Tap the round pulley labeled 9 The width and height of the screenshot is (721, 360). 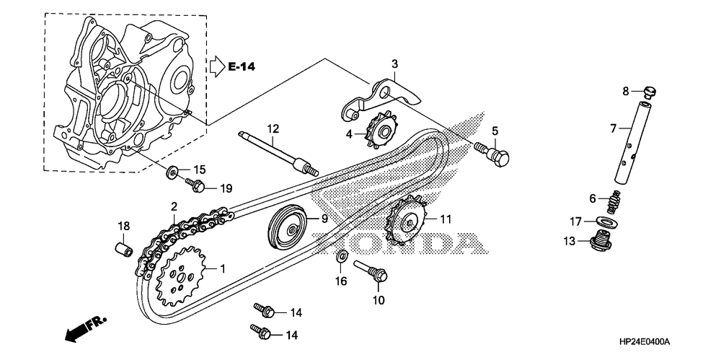(288, 227)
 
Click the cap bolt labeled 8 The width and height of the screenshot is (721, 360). (650, 92)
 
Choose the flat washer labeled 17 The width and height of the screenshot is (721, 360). (601, 221)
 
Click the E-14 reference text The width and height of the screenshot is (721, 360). (242, 67)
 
